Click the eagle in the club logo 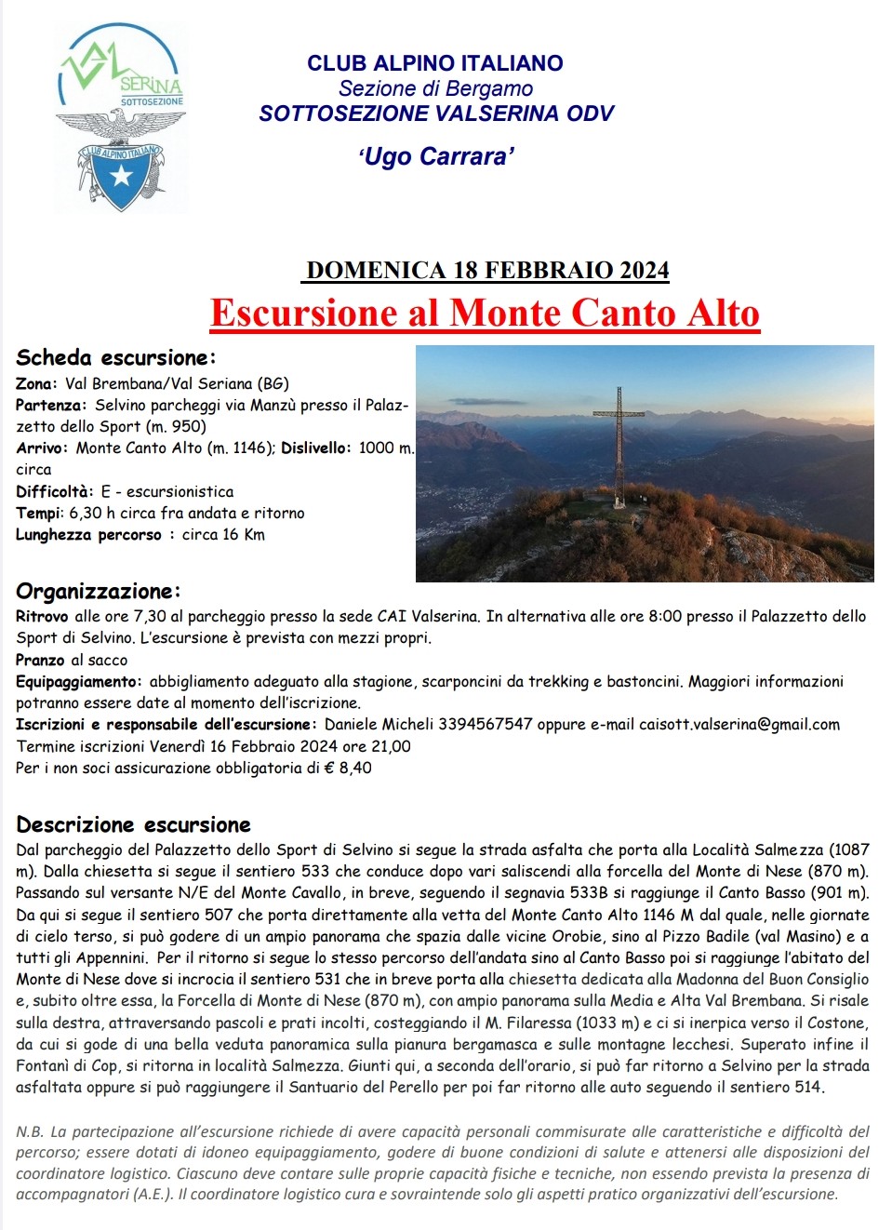(121, 124)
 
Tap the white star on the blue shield (122, 175)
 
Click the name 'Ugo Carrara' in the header (436, 156)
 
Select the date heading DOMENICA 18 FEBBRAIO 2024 (487, 270)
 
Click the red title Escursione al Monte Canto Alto (485, 313)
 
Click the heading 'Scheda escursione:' (116, 358)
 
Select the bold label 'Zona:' (36, 383)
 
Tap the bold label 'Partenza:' (51, 406)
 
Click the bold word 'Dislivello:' (316, 448)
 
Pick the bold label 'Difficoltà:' (55, 491)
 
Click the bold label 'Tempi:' (39, 513)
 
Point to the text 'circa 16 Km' (223, 535)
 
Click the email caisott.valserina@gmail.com (739, 725)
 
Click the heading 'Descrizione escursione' (133, 825)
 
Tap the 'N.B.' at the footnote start (30, 1132)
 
